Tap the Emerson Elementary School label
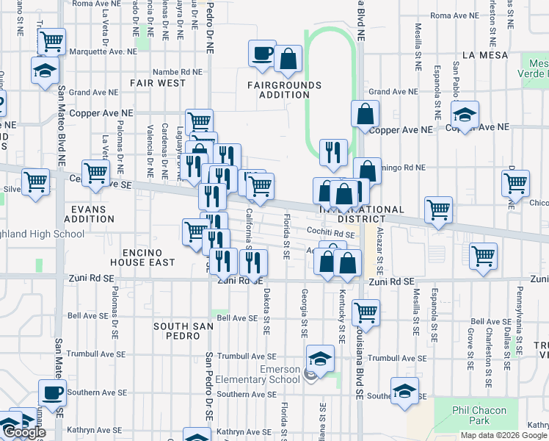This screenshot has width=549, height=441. [269, 374]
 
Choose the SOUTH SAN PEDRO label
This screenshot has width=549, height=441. [177, 330]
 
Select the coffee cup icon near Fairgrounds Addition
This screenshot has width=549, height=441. [263, 54]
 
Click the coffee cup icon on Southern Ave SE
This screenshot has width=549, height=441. [52, 392]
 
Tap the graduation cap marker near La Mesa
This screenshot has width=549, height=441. [465, 115]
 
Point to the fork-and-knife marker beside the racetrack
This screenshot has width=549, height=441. [334, 151]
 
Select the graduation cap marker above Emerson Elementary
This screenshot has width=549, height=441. [320, 358]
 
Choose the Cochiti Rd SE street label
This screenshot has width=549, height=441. [331, 233]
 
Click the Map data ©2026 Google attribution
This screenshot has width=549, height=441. [503, 435]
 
